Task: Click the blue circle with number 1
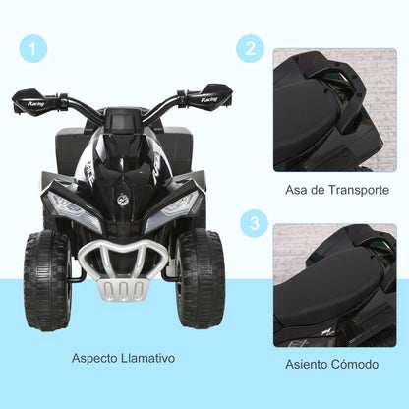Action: coord(33,47)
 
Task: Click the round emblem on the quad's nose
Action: coord(124,194)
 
